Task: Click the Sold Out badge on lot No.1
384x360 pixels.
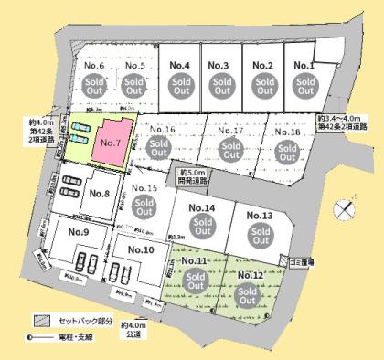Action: tap(304, 87)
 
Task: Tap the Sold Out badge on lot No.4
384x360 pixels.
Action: tap(177, 87)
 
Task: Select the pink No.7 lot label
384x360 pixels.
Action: tap(111, 143)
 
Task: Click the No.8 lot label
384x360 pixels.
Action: tap(99, 192)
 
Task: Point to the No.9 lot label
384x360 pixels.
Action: tap(78, 232)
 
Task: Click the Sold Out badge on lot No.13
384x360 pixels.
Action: tap(259, 237)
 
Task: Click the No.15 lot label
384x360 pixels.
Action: tap(145, 188)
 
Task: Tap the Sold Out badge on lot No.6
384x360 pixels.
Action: tap(94, 87)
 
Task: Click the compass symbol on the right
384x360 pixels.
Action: tap(343, 209)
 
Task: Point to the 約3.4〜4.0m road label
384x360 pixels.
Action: tap(343, 122)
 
